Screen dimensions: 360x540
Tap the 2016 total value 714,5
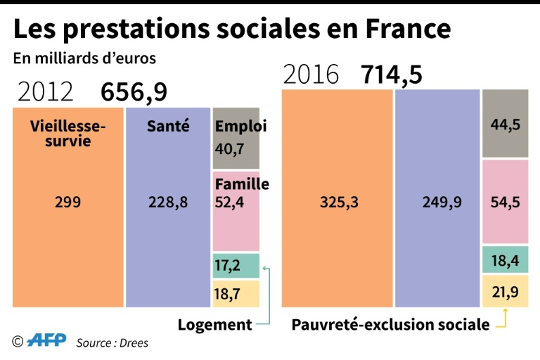pyautogui.click(x=392, y=75)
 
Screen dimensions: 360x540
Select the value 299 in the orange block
pyautogui.click(x=67, y=202)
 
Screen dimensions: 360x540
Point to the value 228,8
pyautogui.click(x=168, y=202)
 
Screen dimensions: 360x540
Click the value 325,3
pyautogui.click(x=337, y=202)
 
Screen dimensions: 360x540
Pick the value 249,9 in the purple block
pyautogui.click(x=437, y=202)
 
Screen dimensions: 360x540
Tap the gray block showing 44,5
pyautogui.click(x=506, y=124)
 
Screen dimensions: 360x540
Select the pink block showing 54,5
pyautogui.click(x=506, y=202)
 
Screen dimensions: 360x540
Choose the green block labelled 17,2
pyautogui.click(x=236, y=266)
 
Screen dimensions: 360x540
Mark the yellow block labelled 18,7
pyautogui.click(x=236, y=293)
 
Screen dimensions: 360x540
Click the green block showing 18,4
pyautogui.click(x=506, y=260)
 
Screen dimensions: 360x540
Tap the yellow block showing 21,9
pyautogui.click(x=506, y=291)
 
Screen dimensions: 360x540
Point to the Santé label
pyautogui.click(x=168, y=127)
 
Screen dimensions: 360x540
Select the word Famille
pyautogui.click(x=242, y=184)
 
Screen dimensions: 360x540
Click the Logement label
pyautogui.click(x=214, y=324)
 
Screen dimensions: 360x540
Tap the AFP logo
pyautogui.click(x=46, y=341)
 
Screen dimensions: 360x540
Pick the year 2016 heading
pyautogui.click(x=310, y=75)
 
